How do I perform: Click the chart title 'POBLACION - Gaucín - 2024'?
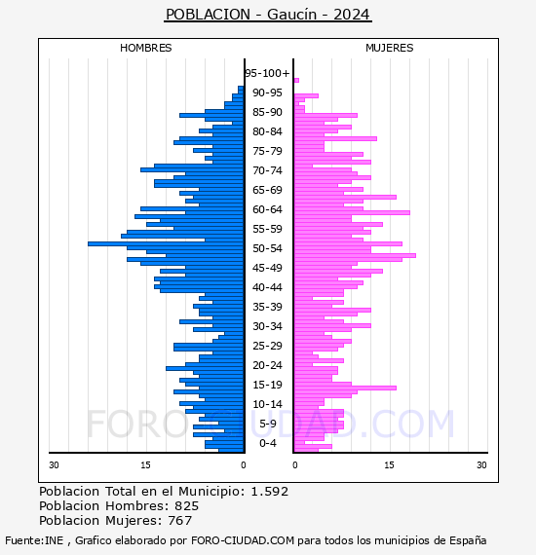tap(268, 15)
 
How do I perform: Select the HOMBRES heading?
tap(145, 48)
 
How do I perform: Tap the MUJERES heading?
tap(390, 48)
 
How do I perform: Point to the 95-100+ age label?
tap(267, 73)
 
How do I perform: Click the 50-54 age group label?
tap(267, 248)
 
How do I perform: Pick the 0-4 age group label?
tap(267, 443)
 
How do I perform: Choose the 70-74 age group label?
tap(267, 170)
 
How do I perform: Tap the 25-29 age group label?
tap(267, 346)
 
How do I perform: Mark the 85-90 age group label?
tap(267, 112)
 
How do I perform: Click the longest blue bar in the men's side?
tap(166, 243)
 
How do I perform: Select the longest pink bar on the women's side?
tap(355, 255)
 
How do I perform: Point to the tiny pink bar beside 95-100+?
tap(296, 81)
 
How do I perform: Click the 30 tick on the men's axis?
tap(54, 464)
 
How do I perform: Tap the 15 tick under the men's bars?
tap(145, 464)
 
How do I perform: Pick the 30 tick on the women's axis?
tap(481, 464)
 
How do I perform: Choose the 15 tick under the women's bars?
tap(390, 464)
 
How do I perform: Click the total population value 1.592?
tap(270, 492)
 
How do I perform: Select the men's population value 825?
tap(187, 505)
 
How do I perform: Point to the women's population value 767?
tap(179, 520)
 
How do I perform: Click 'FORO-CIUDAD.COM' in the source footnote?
tap(243, 540)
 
